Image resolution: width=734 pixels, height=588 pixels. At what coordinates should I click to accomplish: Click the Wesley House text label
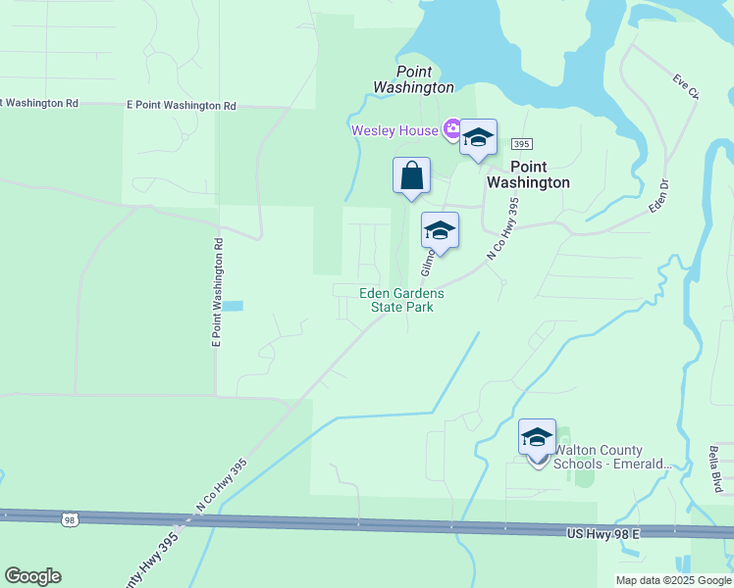[x=396, y=130]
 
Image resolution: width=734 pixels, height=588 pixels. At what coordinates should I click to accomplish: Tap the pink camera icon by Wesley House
[x=452, y=128]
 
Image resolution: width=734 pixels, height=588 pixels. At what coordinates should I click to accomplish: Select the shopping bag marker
[x=412, y=176]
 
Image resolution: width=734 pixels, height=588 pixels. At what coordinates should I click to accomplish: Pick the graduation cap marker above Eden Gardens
[x=440, y=231]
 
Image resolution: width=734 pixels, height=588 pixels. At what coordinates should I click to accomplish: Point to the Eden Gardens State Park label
[x=401, y=300]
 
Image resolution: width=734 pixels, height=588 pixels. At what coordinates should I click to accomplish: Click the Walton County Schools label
[x=613, y=457]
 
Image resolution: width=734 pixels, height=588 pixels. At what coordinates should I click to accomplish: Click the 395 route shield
[x=521, y=143]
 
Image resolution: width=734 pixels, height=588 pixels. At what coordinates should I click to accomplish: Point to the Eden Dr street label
[x=657, y=195]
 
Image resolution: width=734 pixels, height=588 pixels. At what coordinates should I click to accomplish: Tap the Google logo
[x=32, y=576]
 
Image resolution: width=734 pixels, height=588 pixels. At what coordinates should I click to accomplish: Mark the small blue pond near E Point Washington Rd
[x=233, y=306]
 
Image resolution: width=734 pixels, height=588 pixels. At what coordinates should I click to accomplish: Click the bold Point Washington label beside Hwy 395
[x=528, y=174]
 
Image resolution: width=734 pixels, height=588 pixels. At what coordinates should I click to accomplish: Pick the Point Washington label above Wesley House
[x=413, y=79]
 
